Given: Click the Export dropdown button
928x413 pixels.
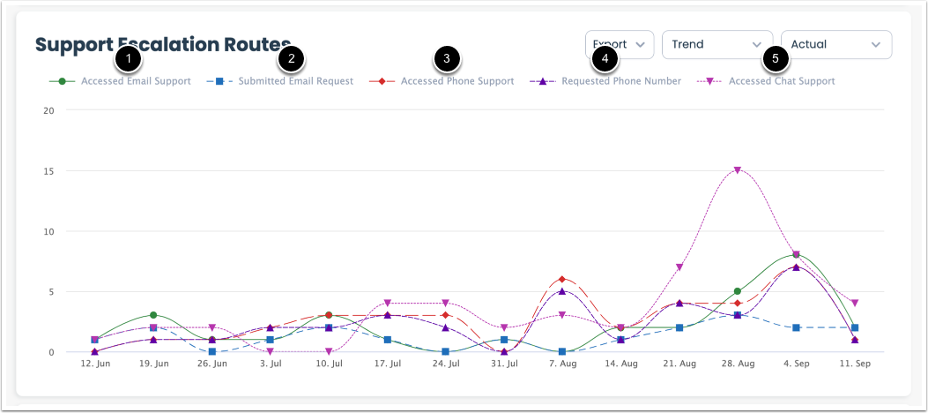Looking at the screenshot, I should pyautogui.click(x=620, y=44).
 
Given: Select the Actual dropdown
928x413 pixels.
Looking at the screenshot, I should pyautogui.click(x=835, y=44).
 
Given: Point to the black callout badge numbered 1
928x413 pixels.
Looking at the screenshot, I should pyautogui.click(x=129, y=60).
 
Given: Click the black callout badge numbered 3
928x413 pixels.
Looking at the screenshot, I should pyautogui.click(x=447, y=60).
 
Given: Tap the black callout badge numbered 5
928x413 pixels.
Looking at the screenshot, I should pyautogui.click(x=775, y=60).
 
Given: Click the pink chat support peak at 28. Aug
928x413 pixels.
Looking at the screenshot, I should pyautogui.click(x=738, y=170).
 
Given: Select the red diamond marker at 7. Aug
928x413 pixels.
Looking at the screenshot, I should pyautogui.click(x=562, y=280).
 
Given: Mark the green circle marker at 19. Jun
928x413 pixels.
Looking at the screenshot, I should pyautogui.click(x=153, y=315).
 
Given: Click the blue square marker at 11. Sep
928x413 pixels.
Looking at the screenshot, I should pyautogui.click(x=855, y=327).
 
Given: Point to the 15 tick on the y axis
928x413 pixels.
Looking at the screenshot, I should pyautogui.click(x=49, y=171).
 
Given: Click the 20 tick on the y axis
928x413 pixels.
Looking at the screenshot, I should pyautogui.click(x=49, y=111).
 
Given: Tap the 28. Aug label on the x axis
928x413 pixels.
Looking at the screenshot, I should pyautogui.click(x=738, y=364).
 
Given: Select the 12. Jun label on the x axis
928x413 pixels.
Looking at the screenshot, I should pyautogui.click(x=95, y=364).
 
